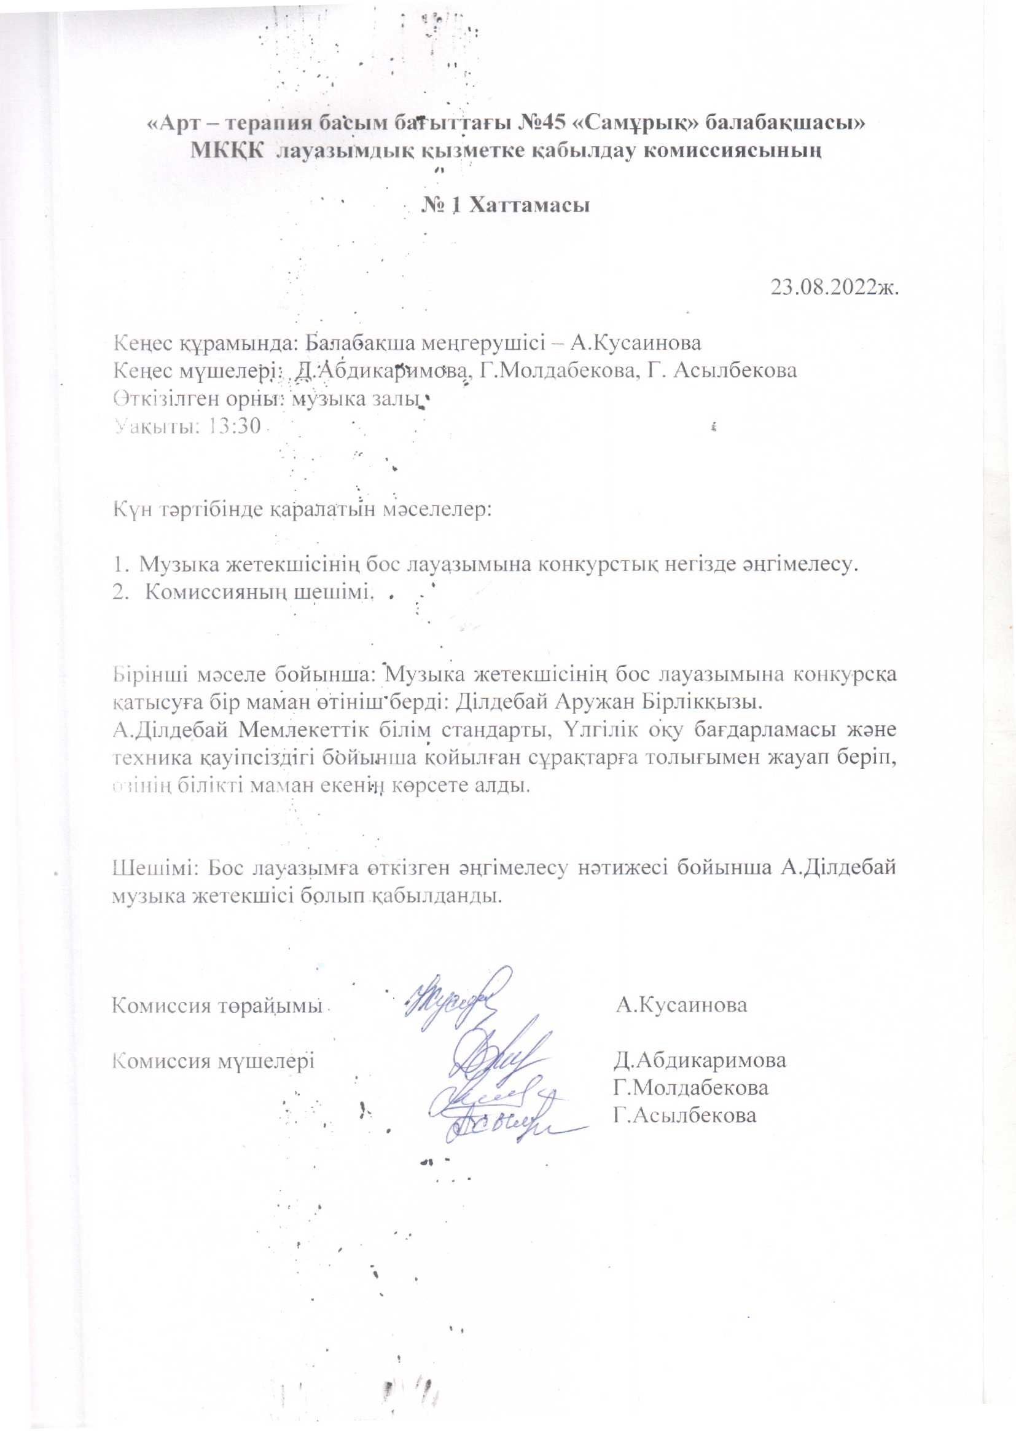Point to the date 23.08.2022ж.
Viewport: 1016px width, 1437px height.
click(x=835, y=288)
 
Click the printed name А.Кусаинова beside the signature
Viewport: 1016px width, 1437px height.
click(x=681, y=1005)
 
